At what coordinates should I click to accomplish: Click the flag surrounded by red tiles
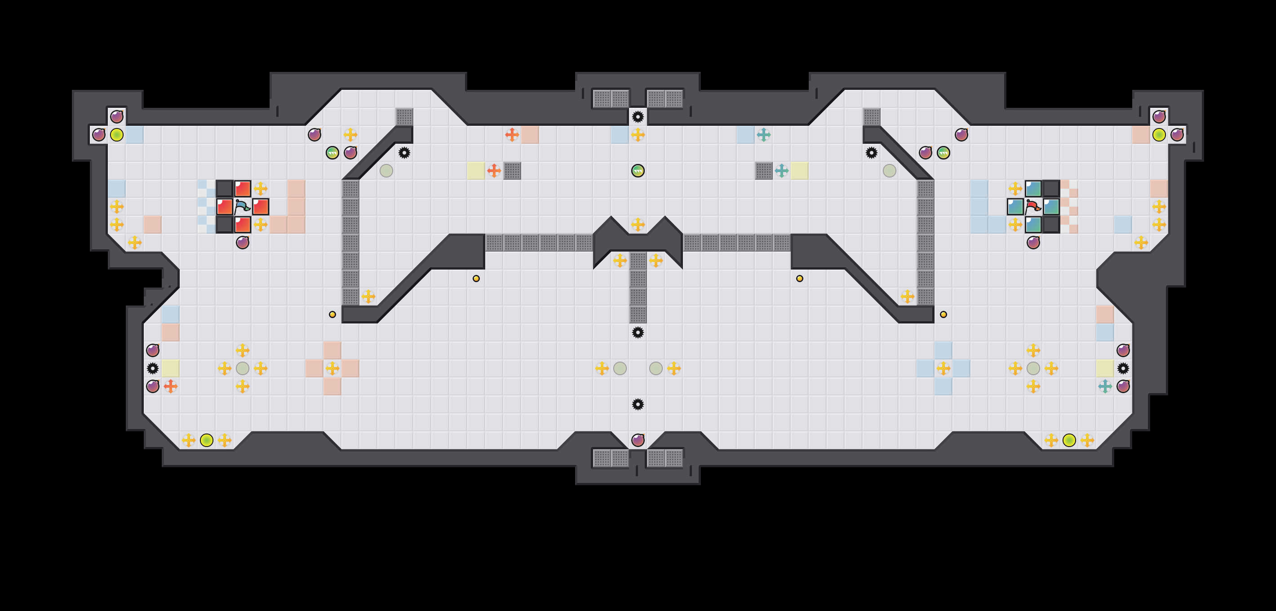(x=242, y=207)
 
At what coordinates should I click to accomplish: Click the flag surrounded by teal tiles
(x=1033, y=207)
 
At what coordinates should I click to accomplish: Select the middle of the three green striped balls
(x=638, y=171)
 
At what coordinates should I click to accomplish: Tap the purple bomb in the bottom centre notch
(x=638, y=440)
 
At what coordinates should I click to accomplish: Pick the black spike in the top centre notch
(x=638, y=117)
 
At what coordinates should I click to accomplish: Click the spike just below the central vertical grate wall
(x=638, y=332)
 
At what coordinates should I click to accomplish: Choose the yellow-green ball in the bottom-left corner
(x=207, y=440)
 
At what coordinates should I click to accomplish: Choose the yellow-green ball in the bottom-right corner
(x=1069, y=440)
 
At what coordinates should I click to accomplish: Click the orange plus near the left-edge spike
(x=170, y=386)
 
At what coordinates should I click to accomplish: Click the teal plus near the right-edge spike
(x=1105, y=386)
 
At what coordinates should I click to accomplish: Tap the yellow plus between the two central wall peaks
(x=638, y=224)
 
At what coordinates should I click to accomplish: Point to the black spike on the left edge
(x=153, y=368)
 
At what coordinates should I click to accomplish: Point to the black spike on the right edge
(x=1123, y=368)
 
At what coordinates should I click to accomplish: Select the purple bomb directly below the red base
(x=242, y=243)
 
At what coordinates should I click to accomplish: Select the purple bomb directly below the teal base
(x=1033, y=243)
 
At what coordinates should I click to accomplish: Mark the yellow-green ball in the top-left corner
(x=116, y=135)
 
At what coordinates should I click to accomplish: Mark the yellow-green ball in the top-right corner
(x=1159, y=135)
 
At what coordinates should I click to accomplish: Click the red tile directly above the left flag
(x=242, y=189)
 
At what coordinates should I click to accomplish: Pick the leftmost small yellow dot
(x=332, y=314)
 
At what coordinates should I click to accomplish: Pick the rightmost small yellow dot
(x=943, y=314)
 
